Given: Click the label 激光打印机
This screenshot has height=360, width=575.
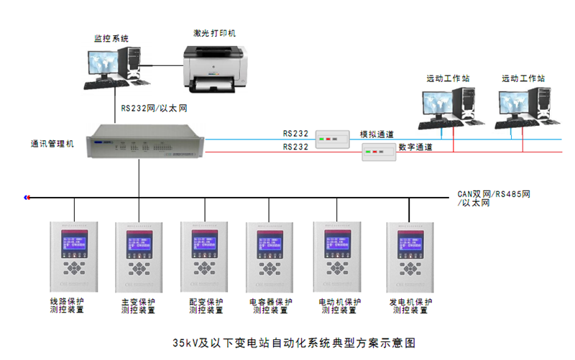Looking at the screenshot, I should (215, 33).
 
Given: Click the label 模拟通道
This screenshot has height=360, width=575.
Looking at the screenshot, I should (377, 134).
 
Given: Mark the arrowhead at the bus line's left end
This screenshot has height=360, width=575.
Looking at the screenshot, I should (26, 197).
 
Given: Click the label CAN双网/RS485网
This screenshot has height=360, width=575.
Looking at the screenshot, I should (495, 194).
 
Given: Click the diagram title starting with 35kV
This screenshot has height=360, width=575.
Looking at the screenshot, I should (294, 342).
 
